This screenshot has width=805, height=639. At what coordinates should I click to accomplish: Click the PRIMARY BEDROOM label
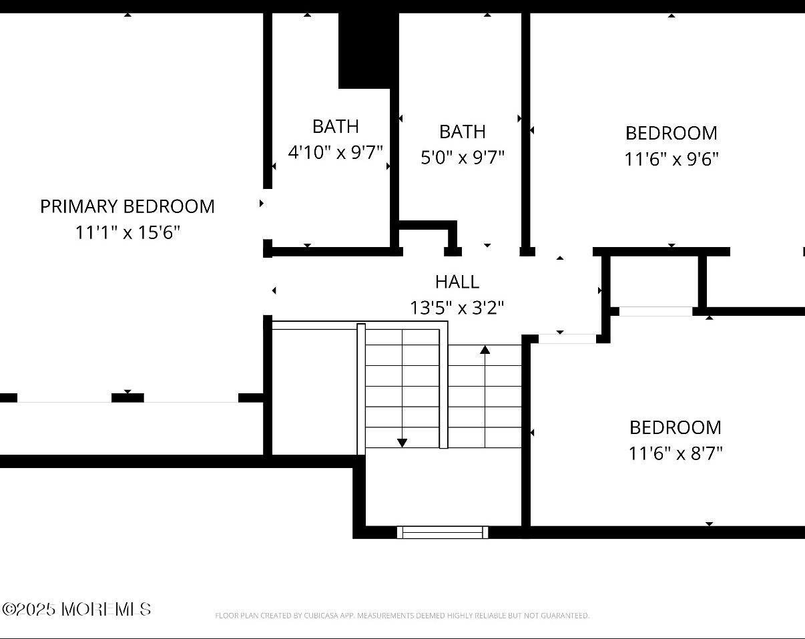pos(127,206)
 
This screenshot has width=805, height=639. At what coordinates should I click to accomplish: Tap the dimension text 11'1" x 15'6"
pos(127,232)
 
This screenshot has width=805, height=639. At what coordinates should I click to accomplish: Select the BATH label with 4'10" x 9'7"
pos(335,126)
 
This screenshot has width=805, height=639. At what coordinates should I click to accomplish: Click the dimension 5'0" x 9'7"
pos(462,158)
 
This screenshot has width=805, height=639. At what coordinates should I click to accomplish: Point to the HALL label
pos(457,282)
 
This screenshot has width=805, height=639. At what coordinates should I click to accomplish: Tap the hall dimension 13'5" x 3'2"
pos(457,308)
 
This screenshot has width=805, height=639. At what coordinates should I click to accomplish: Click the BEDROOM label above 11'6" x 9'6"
pos(671,133)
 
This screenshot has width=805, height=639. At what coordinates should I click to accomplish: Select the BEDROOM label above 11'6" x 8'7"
pos(675,427)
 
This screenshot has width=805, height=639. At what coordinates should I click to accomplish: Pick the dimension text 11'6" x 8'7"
pos(675,453)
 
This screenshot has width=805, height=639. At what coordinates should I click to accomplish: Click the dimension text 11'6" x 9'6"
pos(671,160)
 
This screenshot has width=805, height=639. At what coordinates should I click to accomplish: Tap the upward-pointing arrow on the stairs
pos(485,349)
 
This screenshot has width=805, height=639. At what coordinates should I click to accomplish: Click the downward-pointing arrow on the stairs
pos(402,442)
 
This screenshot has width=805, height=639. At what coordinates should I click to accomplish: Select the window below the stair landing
pos(443,532)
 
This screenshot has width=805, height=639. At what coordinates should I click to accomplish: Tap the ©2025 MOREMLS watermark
pos(77,609)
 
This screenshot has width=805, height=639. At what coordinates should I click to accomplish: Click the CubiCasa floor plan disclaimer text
pos(402,616)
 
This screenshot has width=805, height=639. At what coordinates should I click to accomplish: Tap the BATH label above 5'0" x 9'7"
pos(462,132)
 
